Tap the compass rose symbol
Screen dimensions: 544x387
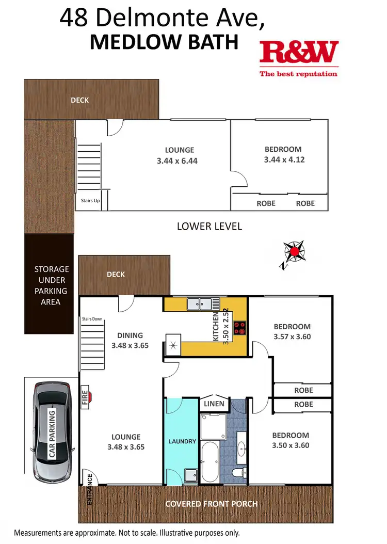294,252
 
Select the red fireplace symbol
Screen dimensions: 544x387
88,396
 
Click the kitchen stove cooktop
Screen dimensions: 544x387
240,328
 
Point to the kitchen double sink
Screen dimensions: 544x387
203,304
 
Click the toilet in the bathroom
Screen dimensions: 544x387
239,472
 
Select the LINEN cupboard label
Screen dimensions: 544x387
214,403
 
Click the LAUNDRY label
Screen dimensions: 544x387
182,441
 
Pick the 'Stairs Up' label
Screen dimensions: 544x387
90,201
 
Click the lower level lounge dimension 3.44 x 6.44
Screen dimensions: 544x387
177,161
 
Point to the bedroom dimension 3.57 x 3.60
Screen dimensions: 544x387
292,337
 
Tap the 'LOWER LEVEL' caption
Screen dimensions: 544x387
209,226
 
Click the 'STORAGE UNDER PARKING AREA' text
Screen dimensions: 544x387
51,285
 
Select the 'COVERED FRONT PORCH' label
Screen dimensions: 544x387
211,504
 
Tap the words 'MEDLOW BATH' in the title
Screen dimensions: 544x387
164,42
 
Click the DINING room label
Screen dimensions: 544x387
130,335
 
